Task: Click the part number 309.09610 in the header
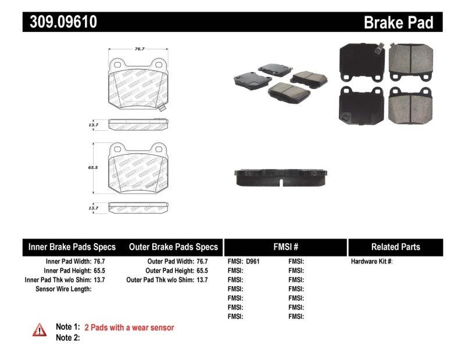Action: (x=60, y=22)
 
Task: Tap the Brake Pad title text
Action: (x=398, y=23)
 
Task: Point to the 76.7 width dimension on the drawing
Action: (x=139, y=49)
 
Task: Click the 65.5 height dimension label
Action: (x=91, y=166)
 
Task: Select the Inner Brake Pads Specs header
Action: (x=72, y=247)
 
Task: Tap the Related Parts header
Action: (x=395, y=247)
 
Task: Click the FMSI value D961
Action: (x=253, y=262)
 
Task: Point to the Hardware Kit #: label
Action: (x=371, y=262)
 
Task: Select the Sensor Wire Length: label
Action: (x=63, y=289)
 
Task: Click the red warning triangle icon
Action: (x=39, y=329)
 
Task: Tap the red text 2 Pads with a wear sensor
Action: (x=129, y=327)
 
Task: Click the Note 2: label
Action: (x=67, y=337)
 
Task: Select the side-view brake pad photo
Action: (x=282, y=176)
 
